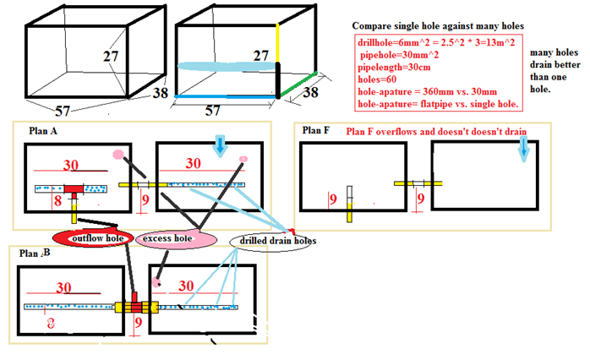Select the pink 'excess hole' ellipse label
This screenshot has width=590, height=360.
click(170, 239)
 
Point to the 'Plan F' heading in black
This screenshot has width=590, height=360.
click(315, 131)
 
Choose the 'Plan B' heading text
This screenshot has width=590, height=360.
click(35, 252)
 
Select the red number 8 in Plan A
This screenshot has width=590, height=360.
click(57, 200)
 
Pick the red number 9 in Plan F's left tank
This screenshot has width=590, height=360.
click(333, 199)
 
